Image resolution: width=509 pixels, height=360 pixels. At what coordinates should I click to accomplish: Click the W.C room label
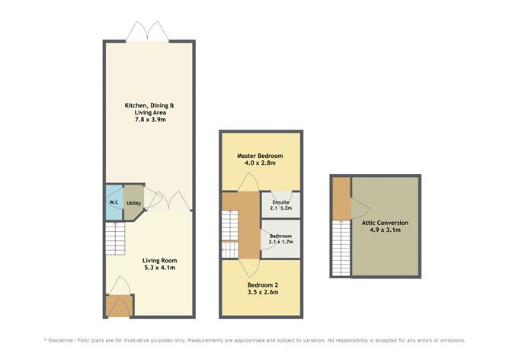[x=113, y=203]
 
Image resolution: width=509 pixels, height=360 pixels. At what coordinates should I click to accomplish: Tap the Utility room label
[x=133, y=203]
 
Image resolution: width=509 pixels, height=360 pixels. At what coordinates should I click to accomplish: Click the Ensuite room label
[x=281, y=202]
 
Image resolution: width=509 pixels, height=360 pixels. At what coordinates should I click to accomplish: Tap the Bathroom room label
[x=280, y=236]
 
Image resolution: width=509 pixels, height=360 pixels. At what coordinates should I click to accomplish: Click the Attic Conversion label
[x=385, y=223]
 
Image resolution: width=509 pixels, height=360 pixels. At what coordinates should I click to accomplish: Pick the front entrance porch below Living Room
[x=118, y=307]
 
